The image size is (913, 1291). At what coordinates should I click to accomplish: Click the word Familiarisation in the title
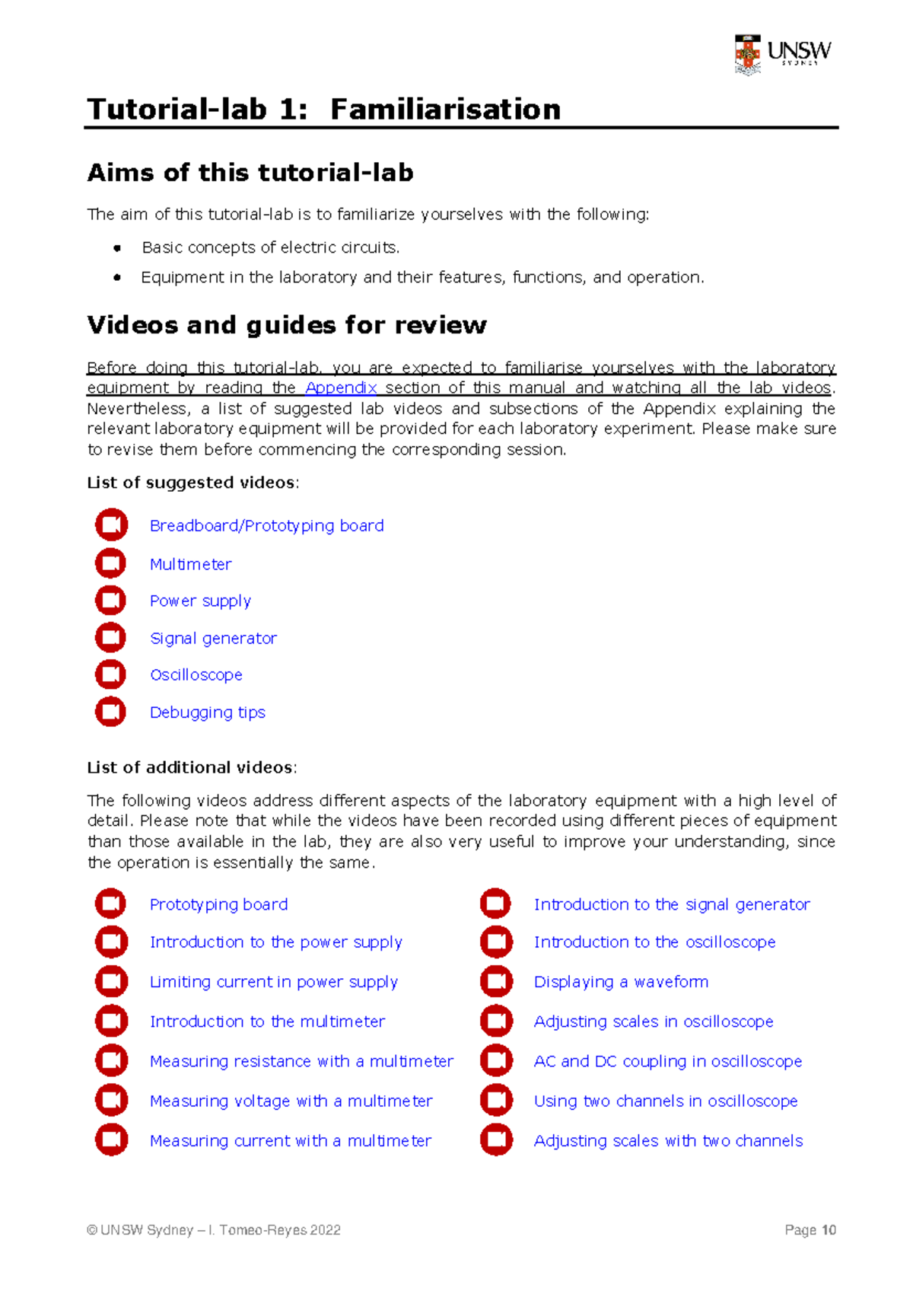pos(445,110)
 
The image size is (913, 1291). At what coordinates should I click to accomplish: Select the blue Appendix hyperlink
pos(341,387)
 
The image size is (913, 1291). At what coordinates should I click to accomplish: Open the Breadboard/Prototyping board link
pos(266,526)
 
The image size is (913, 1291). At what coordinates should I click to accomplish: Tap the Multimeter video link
pos(190,564)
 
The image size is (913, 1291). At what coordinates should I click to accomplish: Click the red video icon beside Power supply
pos(110,601)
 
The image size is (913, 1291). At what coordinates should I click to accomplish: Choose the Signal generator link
pos(213,638)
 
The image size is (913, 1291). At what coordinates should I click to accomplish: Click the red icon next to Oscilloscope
pos(110,674)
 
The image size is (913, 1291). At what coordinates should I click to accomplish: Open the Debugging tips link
pos(207,712)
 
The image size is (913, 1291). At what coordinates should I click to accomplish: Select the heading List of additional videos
pos(191,767)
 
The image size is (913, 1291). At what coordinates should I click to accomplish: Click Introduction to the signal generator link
pos(671,904)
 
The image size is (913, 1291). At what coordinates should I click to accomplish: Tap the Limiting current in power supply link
pos(273,982)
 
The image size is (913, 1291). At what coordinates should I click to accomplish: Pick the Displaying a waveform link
pos(621,982)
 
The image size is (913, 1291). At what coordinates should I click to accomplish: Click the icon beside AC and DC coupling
pos(496,1060)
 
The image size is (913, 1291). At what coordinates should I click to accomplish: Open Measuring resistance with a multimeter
pos(301,1061)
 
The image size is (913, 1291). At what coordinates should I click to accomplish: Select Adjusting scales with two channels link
pos(668,1140)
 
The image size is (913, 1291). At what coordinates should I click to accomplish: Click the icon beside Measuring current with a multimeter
pos(111,1140)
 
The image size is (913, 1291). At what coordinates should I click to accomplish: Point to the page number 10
pos(829,1230)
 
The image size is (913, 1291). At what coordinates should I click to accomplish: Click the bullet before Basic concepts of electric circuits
pos(117,248)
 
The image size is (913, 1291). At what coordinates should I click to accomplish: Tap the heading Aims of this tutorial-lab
pos(250,173)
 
